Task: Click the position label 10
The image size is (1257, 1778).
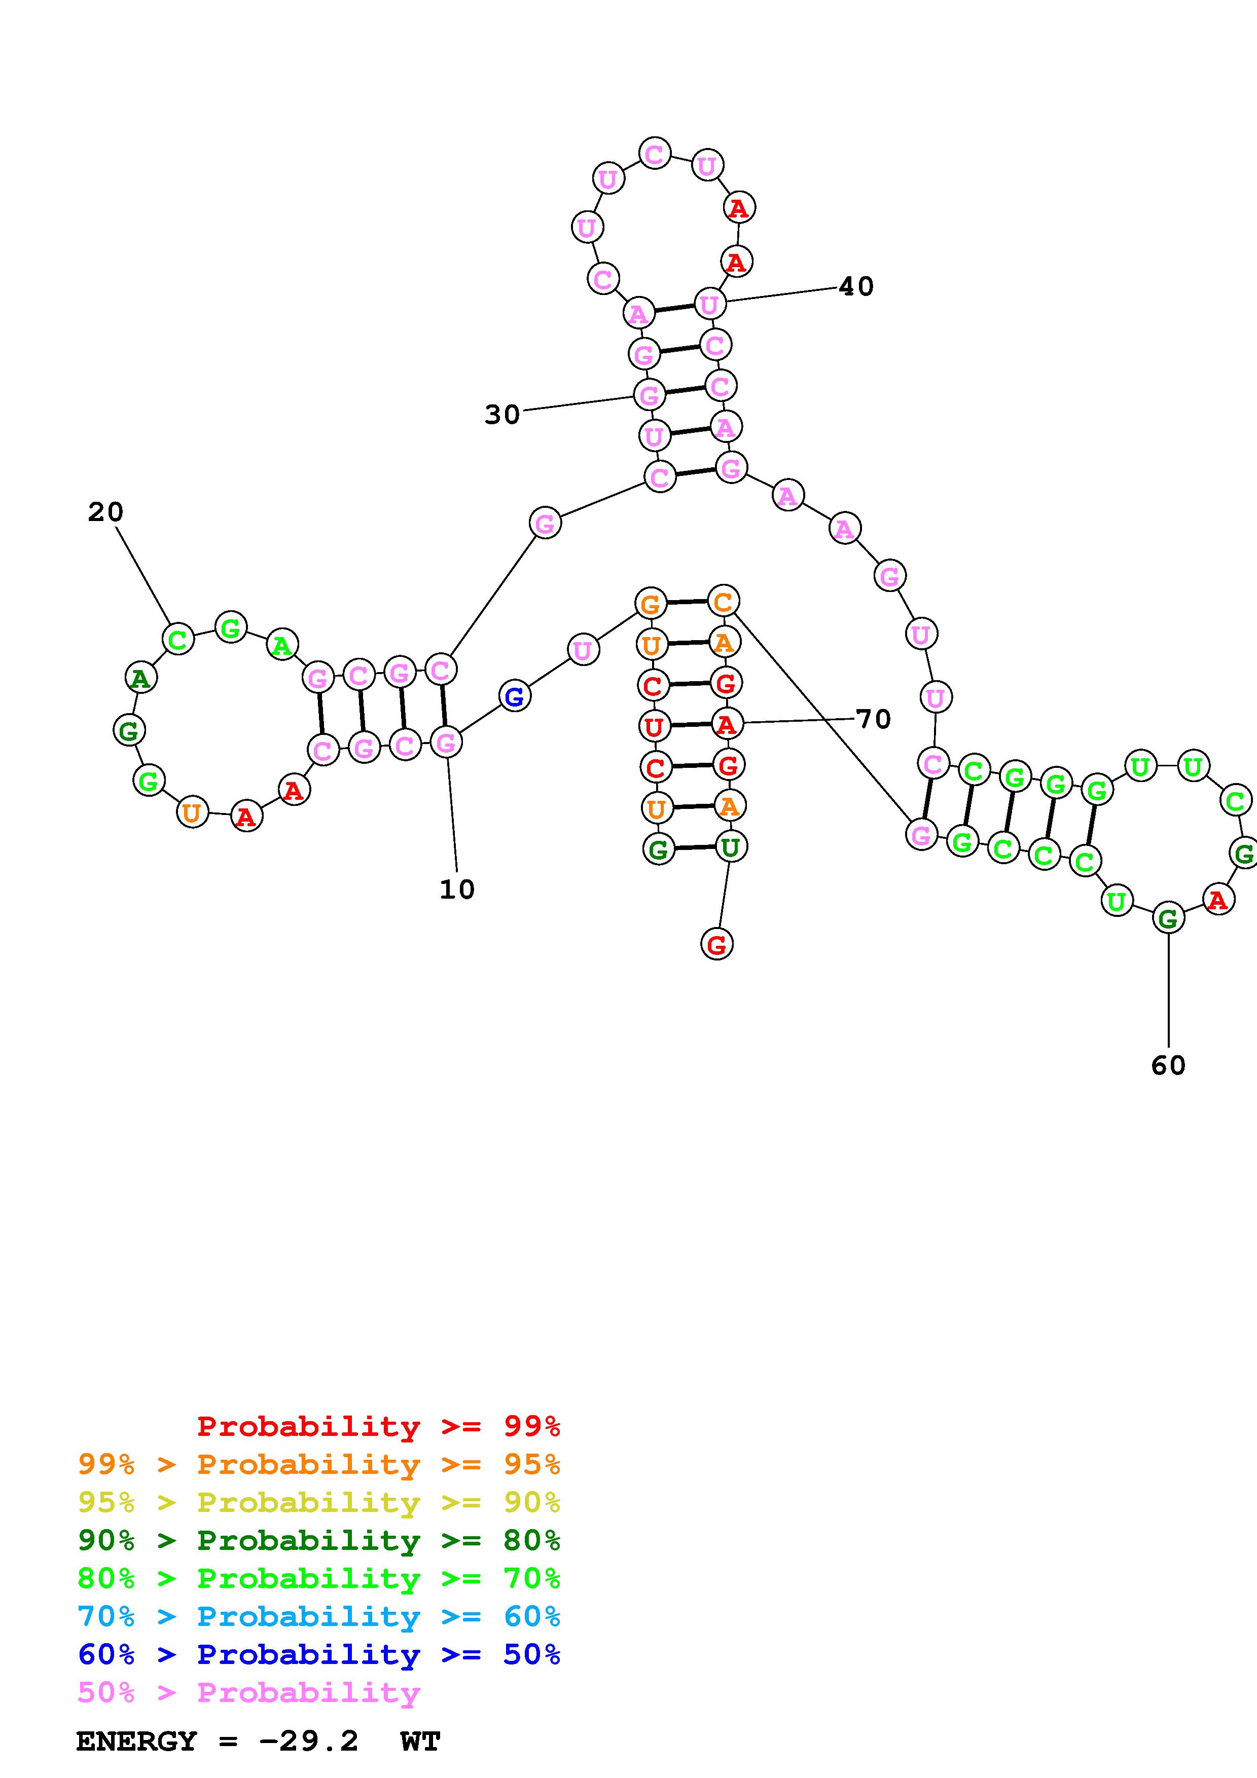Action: [x=457, y=890]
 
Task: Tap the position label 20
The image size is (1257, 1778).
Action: [x=105, y=512]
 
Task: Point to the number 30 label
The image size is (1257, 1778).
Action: [x=502, y=415]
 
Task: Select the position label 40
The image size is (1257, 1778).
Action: [x=856, y=286]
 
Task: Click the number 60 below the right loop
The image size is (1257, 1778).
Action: [x=1168, y=1065]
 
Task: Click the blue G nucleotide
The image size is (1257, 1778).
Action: [x=514, y=696]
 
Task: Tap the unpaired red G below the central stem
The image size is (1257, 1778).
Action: [x=716, y=944]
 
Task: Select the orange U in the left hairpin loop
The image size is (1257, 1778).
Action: [x=192, y=812]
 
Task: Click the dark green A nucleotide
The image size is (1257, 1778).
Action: [x=140, y=678]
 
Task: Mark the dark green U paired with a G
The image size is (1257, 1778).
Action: [x=730, y=846]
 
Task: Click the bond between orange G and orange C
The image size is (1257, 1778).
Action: [x=687, y=602]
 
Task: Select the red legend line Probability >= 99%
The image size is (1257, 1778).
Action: [x=378, y=1426]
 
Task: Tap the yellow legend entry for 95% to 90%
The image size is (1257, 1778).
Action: [x=318, y=1502]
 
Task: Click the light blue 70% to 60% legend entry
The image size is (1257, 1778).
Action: [x=318, y=1616]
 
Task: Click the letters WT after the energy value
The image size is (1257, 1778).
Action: [x=420, y=1741]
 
